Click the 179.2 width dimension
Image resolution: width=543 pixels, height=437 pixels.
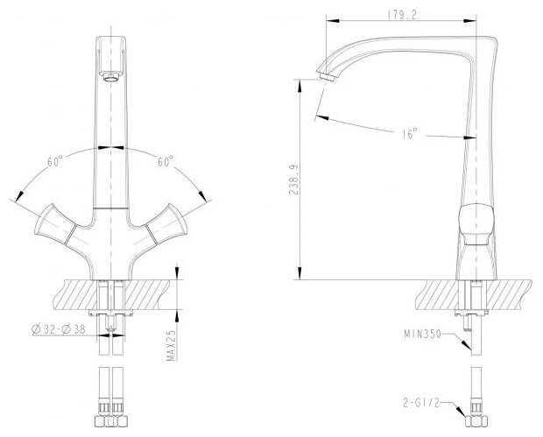click(x=402, y=15)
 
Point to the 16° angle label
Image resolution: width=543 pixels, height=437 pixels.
click(x=410, y=133)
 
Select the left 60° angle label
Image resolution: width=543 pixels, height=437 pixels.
click(x=55, y=161)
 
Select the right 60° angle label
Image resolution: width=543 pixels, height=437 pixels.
click(x=166, y=161)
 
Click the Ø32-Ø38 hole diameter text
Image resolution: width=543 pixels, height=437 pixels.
click(x=59, y=329)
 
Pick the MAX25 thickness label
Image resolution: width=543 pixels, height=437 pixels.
click(x=172, y=345)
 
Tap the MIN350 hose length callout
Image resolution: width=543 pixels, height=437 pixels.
click(x=422, y=335)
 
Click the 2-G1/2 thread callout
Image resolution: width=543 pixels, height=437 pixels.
click(x=421, y=403)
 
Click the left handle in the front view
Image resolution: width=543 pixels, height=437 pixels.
click(x=55, y=223)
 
